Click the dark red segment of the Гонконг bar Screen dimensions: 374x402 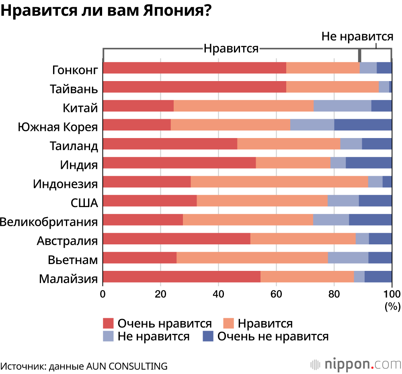[195, 68]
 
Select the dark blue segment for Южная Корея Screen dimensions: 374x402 [363, 125]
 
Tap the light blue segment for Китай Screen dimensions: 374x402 [342, 106]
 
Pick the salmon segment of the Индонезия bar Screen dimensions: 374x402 [279, 182]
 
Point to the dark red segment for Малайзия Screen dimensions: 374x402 [182, 277]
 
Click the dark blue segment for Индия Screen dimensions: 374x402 [369, 163]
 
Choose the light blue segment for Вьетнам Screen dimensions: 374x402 [348, 258]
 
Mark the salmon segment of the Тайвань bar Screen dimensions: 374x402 [332, 87]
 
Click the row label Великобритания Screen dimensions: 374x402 [49, 222]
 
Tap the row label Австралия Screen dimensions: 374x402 [68, 241]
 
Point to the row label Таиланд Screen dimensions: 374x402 [74, 146]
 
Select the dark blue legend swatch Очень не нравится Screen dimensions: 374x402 [208, 336]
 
